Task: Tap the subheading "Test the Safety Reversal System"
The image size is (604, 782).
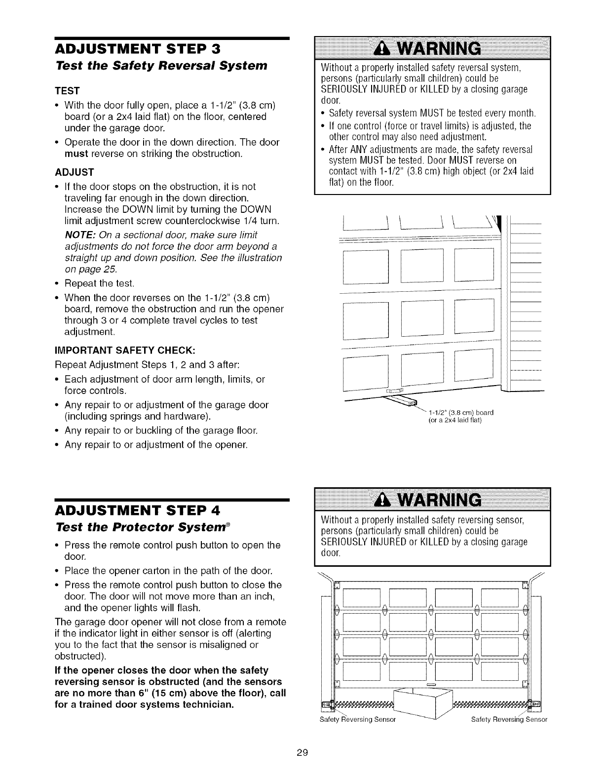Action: coord(161,66)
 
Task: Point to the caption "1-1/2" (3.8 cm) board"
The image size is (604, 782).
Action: coord(461,411)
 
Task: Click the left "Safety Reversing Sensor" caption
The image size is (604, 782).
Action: coord(358,719)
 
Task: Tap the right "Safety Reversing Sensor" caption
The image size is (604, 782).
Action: coord(509,719)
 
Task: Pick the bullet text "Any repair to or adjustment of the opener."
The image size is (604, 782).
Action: coord(156,445)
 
